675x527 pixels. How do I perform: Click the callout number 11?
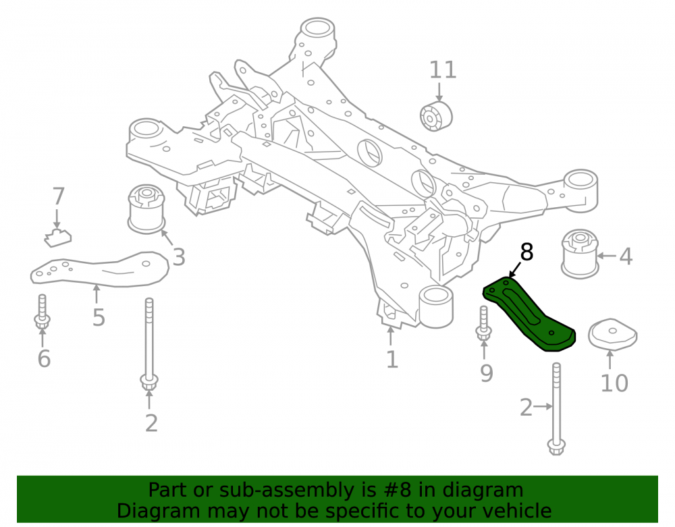point(443,70)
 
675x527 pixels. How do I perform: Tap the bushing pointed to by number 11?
point(435,116)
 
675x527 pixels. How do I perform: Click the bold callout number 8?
point(526,252)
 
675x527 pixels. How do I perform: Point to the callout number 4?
point(626,256)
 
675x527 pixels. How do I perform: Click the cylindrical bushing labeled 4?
point(580,253)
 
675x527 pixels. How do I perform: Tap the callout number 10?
point(614,383)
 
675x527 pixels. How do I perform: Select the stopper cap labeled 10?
point(612,335)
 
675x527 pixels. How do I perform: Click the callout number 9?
point(487,373)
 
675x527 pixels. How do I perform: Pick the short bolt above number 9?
point(483,323)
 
